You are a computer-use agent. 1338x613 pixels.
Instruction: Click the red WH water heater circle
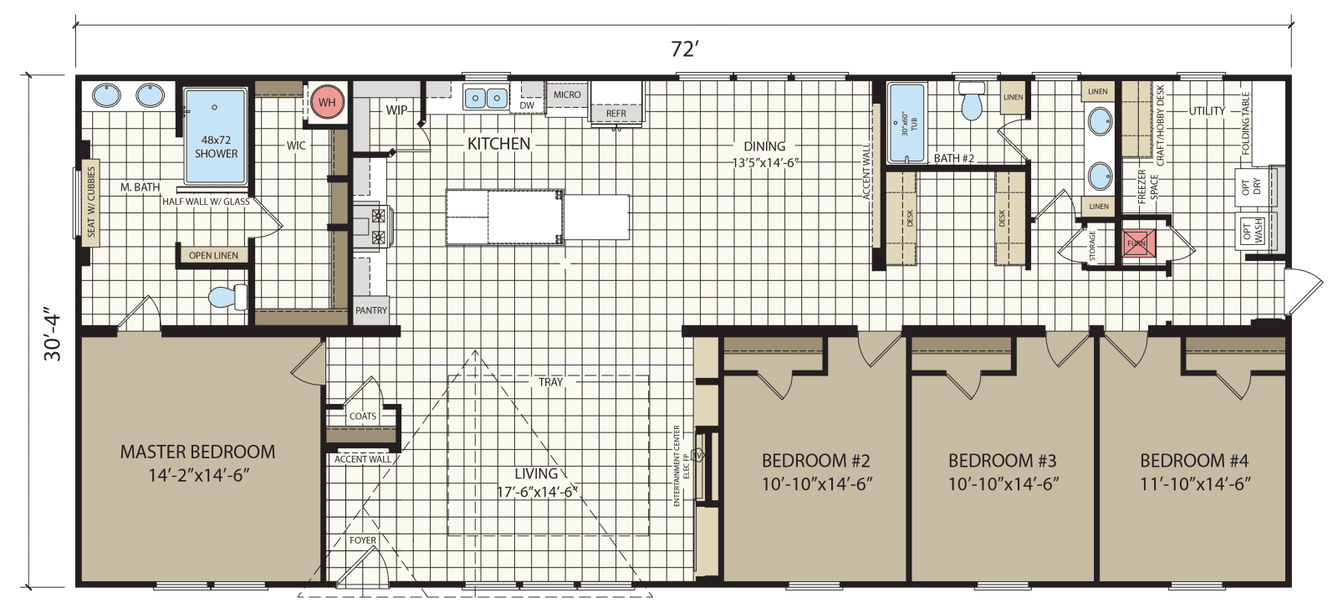click(327, 103)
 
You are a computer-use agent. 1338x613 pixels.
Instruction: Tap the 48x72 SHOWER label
click(216, 147)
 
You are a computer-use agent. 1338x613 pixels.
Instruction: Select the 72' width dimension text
click(683, 49)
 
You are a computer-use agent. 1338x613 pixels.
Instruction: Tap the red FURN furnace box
click(1137, 243)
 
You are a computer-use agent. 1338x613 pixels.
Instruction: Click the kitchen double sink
click(485, 98)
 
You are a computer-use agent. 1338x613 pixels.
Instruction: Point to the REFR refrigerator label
click(616, 114)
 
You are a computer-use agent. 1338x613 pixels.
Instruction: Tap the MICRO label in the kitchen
click(567, 95)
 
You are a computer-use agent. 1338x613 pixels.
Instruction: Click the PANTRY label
click(371, 310)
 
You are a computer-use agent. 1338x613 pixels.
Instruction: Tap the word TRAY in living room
click(550, 382)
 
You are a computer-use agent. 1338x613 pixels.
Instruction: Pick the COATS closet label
click(362, 416)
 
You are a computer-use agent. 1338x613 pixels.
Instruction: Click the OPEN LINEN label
click(213, 255)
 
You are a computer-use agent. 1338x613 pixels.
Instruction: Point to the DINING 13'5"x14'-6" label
click(764, 154)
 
